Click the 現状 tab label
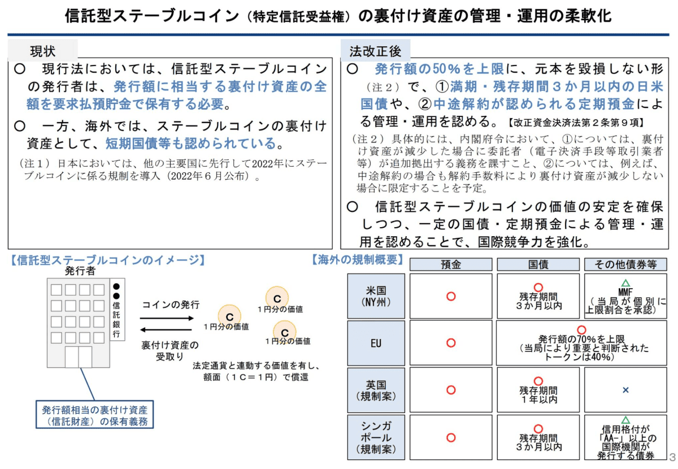coord(43,51)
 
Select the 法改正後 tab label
coord(375,51)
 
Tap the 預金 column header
coord(451,264)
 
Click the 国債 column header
coord(538,264)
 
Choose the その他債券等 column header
coord(625,264)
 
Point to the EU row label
coord(376,343)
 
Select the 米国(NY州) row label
coord(376,296)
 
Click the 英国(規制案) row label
coord(376,390)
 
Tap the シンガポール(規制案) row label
coord(376,437)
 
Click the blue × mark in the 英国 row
coord(625,390)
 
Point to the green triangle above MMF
coord(625,284)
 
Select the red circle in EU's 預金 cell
coord(451,343)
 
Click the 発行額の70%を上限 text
coord(581,339)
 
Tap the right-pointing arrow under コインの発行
coord(167,318)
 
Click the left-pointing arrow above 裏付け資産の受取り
coord(167,330)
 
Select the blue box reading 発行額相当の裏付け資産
coord(95,415)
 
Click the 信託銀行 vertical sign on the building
coord(117,310)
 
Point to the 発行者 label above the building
coord(80,271)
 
